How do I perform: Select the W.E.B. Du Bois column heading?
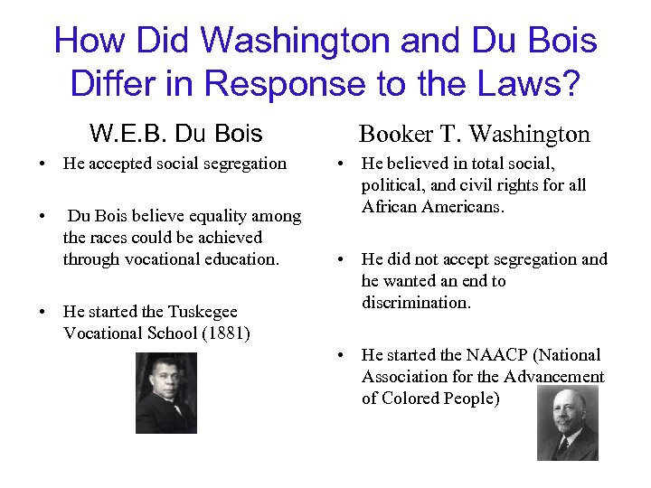176,134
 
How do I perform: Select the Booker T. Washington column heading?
474,135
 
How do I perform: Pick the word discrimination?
416,303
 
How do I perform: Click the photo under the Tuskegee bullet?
165,393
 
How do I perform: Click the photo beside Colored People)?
567,424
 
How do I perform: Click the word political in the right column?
391,185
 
